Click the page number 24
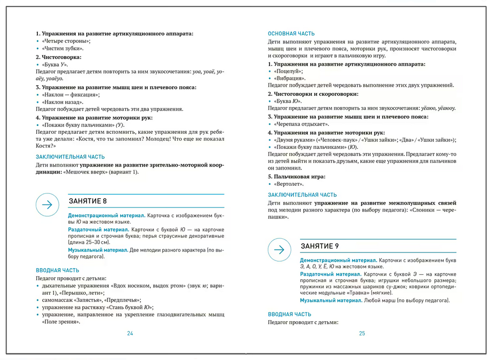(130, 333)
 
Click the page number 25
(362, 333)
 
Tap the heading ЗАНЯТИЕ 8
(88, 201)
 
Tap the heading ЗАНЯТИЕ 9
(319, 246)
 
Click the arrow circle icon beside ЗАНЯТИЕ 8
(47, 204)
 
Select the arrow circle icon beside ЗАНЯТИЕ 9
(279, 249)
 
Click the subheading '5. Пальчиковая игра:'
(297, 177)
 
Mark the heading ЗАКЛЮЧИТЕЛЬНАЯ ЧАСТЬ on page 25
(302, 195)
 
